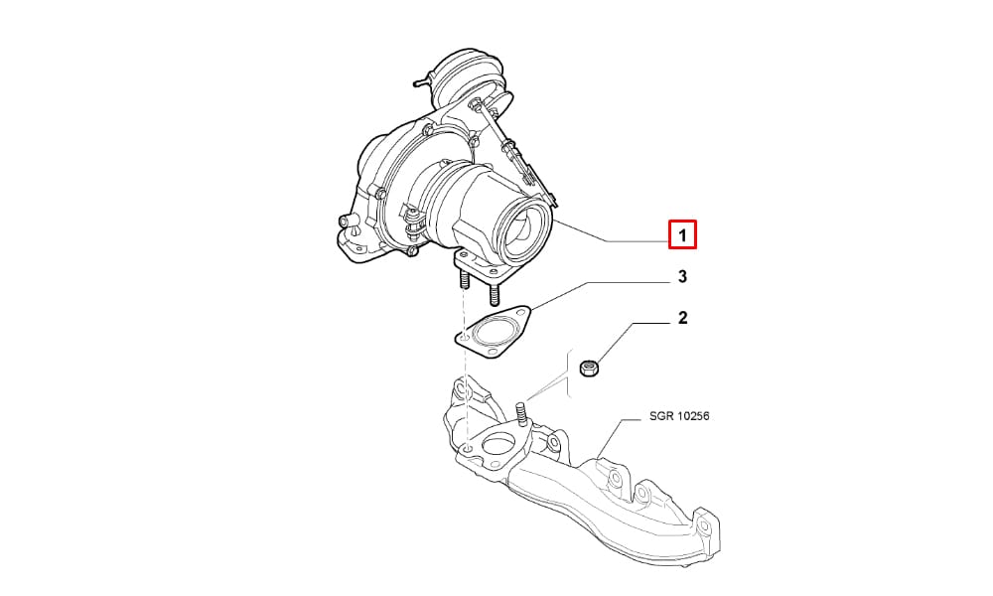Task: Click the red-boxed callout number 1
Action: pos(683,235)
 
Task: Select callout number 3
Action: pos(682,277)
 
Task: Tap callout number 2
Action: pos(682,318)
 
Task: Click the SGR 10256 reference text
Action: pos(679,416)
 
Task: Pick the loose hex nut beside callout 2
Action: pos(590,367)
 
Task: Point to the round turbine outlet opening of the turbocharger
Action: pos(522,228)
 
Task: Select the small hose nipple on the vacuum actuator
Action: pos(420,82)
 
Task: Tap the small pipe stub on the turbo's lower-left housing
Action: pos(347,221)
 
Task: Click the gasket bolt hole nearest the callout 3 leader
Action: pos(520,314)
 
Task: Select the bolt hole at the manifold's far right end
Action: pos(705,523)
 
